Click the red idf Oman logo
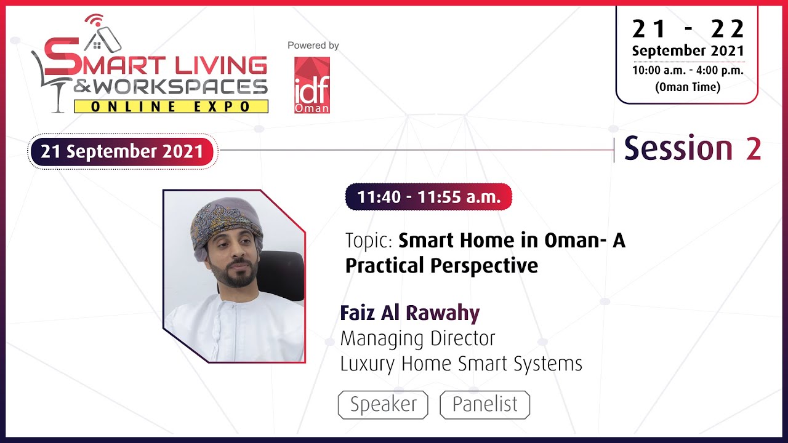pyautogui.click(x=312, y=85)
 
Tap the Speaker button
pyautogui.click(x=383, y=405)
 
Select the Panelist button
pyautogui.click(x=484, y=405)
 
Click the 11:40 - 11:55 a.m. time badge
pyautogui.click(x=428, y=197)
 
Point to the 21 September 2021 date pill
pyautogui.click(x=122, y=151)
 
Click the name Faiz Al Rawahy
pyautogui.click(x=409, y=313)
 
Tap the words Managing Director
pyautogui.click(x=417, y=338)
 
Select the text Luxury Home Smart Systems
pyautogui.click(x=461, y=364)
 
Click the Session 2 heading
pyautogui.click(x=692, y=149)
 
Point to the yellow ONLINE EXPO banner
pyautogui.click(x=171, y=106)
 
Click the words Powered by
pyautogui.click(x=313, y=46)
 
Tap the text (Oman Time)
pyautogui.click(x=688, y=87)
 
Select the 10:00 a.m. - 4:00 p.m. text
pyautogui.click(x=688, y=70)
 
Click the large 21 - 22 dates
pyautogui.click(x=688, y=28)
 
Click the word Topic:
pyautogui.click(x=369, y=241)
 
